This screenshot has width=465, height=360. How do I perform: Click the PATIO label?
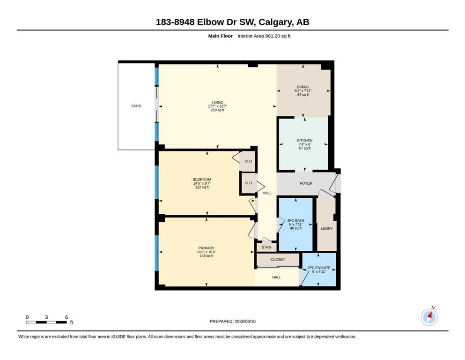tap(136, 106)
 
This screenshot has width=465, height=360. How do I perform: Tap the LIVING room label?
tap(217, 103)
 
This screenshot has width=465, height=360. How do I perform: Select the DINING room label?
tap(303, 87)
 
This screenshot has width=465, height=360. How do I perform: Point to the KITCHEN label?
tap(304, 140)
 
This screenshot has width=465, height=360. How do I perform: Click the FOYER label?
tap(306, 183)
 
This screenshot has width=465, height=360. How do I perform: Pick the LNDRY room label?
tap(326, 229)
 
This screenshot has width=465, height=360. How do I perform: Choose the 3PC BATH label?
tap(295, 220)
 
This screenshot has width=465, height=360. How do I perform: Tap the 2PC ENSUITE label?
tap(319, 268)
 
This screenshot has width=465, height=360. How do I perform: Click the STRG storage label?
tap(266, 247)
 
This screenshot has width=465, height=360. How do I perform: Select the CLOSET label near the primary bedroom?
tap(278, 259)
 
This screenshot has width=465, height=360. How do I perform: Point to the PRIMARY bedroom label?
tap(207, 248)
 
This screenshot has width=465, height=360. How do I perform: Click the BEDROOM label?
tap(202, 180)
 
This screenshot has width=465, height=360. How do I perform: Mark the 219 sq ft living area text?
tap(217, 110)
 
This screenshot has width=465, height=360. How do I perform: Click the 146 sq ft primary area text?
tap(207, 256)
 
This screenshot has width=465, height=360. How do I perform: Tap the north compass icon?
tap(429, 317)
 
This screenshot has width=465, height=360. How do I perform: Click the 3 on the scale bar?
tap(46, 317)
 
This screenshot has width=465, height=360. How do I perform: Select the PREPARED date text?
tap(232, 321)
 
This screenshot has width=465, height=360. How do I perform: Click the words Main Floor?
tap(221, 36)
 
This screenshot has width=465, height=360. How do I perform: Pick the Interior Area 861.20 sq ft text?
tap(264, 36)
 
